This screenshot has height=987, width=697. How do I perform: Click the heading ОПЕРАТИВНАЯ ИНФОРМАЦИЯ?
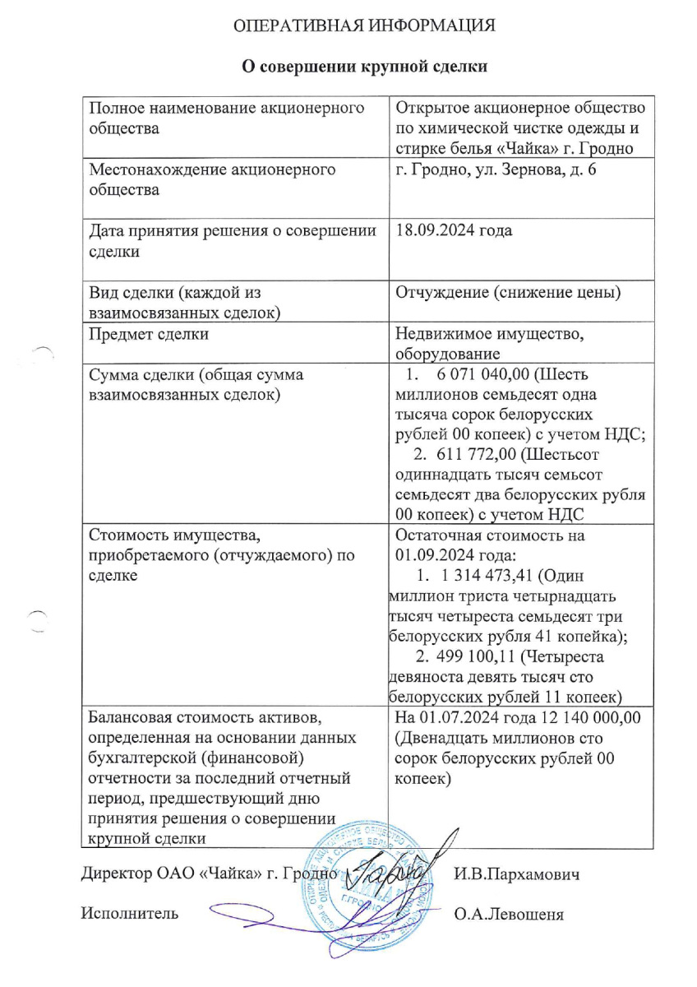tap(364, 26)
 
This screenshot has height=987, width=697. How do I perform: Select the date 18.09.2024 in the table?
tap(436, 229)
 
